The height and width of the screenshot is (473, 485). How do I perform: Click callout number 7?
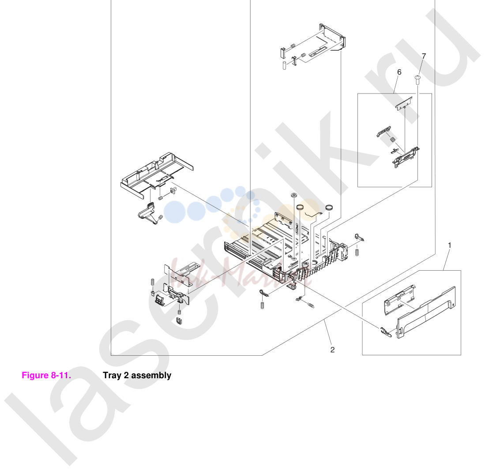pos(424,56)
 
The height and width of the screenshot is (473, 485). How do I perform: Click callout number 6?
pos(399,72)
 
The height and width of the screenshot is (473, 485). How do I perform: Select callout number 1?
pos(449,245)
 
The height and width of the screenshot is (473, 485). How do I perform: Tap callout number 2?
pos(332,350)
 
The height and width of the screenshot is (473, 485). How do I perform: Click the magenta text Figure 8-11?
pos(46,376)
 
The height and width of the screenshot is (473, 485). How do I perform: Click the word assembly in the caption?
pos(151,376)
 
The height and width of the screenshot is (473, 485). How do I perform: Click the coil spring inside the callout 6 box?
pos(392,140)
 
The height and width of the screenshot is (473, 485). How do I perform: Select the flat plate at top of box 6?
pos(404,104)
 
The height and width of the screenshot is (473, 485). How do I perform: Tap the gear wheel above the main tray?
pos(293,195)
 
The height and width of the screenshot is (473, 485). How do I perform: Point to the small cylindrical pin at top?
pos(284,66)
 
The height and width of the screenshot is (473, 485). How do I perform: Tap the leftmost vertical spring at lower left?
pos(152,283)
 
